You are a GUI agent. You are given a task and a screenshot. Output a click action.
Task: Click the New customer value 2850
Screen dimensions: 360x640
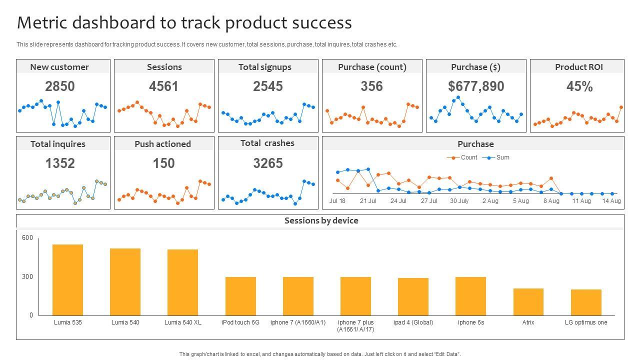[60, 86]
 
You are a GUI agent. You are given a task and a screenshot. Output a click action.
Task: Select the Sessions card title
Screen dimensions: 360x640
[164, 67]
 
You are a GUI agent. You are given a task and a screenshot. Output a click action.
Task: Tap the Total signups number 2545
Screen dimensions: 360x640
[268, 86]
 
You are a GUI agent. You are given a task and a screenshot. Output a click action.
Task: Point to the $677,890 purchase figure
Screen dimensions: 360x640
[476, 86]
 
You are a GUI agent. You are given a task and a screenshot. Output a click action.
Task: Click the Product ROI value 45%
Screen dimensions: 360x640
[579, 86]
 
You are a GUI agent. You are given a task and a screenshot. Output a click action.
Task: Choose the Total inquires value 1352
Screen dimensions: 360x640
[60, 163]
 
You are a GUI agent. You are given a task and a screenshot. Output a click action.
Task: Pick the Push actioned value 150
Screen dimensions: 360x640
[164, 163]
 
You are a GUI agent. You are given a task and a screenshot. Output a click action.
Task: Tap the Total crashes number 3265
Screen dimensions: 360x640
[268, 163]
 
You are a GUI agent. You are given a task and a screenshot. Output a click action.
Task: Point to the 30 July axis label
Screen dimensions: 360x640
[459, 201]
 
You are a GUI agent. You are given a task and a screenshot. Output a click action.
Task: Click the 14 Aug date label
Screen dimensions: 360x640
[611, 201]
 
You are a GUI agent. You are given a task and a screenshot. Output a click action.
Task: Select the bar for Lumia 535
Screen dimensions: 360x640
[67, 280]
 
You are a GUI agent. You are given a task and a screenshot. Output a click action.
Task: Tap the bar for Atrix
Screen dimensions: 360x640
[528, 302]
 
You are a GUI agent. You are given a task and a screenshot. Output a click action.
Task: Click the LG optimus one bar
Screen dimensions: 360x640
[586, 302]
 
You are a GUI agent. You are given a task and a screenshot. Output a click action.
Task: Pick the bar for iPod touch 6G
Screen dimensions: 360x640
[240, 296]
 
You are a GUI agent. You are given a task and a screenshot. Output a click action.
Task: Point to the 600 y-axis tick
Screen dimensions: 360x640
[27, 238]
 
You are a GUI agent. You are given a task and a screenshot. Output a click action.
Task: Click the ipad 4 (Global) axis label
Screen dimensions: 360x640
[413, 322]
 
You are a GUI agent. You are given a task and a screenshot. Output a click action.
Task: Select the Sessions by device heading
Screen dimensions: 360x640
[321, 221]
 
